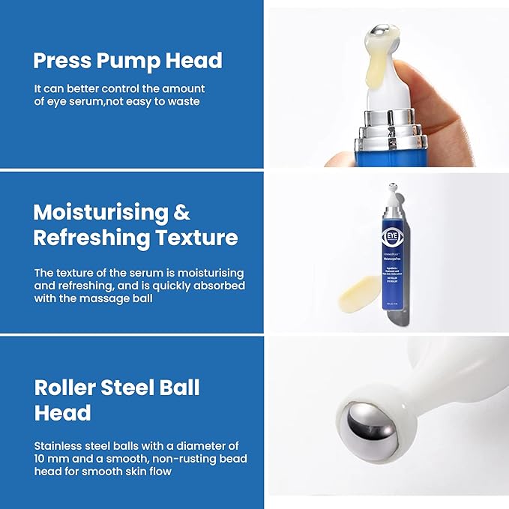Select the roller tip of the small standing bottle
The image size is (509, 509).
pyautogui.click(x=394, y=188)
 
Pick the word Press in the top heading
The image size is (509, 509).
pyautogui.click(x=59, y=61)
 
